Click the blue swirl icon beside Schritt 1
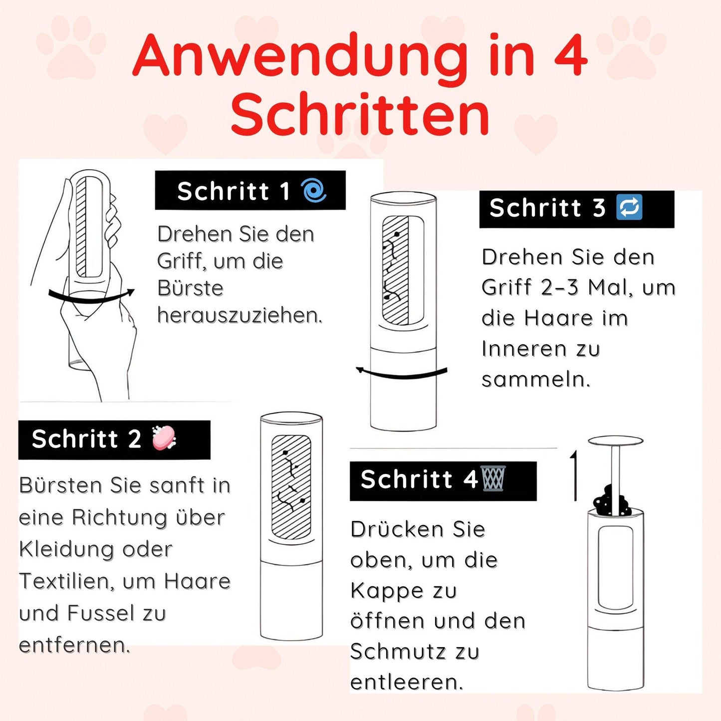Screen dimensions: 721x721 314,191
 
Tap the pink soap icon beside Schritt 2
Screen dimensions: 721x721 164,439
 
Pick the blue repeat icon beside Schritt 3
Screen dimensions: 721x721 629,208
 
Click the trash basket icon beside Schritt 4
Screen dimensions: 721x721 493,479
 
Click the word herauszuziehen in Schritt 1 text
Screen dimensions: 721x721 240,315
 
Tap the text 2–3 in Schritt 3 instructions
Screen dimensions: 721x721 561,287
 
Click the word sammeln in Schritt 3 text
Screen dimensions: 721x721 535,379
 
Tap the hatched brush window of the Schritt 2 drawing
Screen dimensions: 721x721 291,487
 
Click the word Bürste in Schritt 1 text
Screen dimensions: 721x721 190,288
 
